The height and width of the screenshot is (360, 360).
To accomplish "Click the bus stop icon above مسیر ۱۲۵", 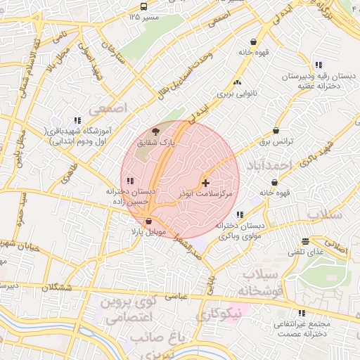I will [144, 6].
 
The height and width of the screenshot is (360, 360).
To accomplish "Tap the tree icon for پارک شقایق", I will [155, 131].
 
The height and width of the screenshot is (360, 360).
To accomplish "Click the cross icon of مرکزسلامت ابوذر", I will [205, 183].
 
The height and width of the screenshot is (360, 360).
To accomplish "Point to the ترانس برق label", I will [276, 141].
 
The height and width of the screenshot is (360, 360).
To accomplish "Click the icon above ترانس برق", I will [276, 131].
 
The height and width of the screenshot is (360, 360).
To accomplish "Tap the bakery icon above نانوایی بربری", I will [236, 82].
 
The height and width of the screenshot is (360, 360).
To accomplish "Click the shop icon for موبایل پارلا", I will [148, 221].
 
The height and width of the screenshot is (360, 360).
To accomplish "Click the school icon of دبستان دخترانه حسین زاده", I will [129, 182].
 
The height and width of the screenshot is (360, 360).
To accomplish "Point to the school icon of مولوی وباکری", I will [240, 214].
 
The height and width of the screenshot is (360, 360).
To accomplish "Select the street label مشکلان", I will [57, 288].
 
